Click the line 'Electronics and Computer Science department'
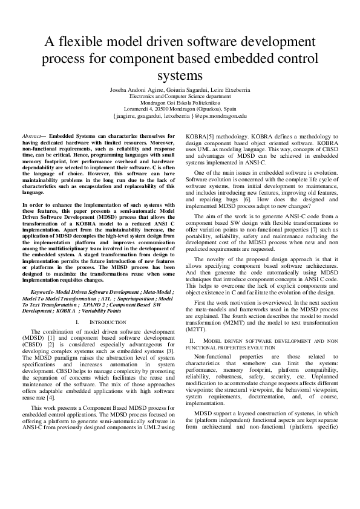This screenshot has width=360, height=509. click(x=180, y=96)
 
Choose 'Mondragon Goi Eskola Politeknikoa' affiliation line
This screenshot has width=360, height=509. click(x=180, y=102)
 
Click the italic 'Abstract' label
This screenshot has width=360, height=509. click(x=31, y=137)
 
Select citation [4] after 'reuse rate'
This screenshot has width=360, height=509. click(x=51, y=397)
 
